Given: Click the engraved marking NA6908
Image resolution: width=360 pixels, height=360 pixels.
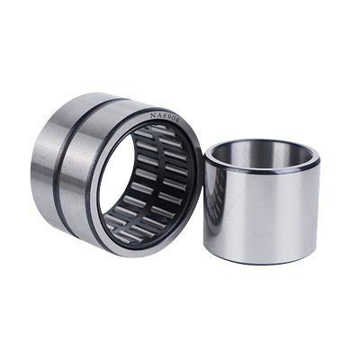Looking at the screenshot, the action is click(166, 117).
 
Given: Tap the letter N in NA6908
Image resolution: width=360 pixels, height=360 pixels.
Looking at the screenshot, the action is click(154, 115).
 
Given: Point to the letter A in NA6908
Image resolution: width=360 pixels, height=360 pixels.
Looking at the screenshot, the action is click(158, 115).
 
